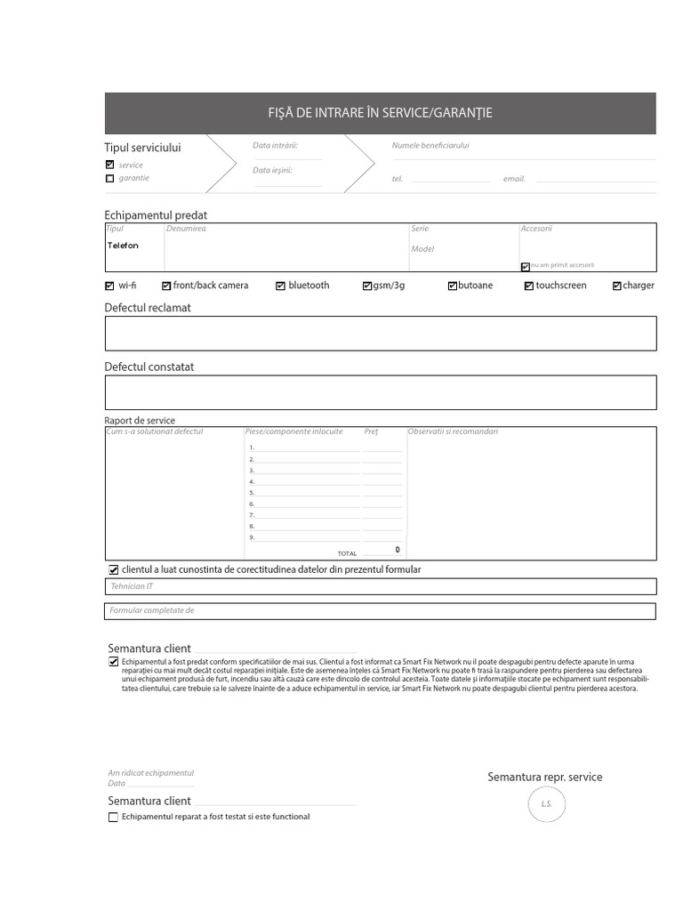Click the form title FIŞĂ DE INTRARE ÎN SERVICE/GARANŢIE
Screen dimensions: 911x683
click(x=380, y=113)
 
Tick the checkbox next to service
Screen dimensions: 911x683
click(x=109, y=165)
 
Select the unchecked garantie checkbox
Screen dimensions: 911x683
click(x=109, y=178)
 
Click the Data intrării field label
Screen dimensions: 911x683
click(x=275, y=145)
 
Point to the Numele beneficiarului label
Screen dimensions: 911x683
click(x=430, y=145)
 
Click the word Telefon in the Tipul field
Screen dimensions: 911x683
click(x=123, y=246)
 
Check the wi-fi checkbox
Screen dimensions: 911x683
click(x=109, y=286)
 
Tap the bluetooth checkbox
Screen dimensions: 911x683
click(x=280, y=286)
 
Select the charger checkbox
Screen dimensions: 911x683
click(x=617, y=286)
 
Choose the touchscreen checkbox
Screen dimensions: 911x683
click(x=528, y=286)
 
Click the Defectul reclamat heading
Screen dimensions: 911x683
click(x=148, y=308)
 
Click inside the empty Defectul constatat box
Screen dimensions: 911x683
click(x=380, y=392)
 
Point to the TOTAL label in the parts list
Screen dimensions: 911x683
click(x=347, y=553)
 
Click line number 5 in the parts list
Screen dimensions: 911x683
click(x=253, y=492)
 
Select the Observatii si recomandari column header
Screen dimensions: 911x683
click(x=453, y=431)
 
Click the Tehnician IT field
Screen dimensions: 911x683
click(x=380, y=586)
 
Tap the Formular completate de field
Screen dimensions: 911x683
click(x=380, y=611)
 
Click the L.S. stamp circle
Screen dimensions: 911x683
click(x=546, y=805)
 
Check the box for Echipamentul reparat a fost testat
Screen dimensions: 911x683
click(x=113, y=817)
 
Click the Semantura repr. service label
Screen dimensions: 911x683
click(x=544, y=778)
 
